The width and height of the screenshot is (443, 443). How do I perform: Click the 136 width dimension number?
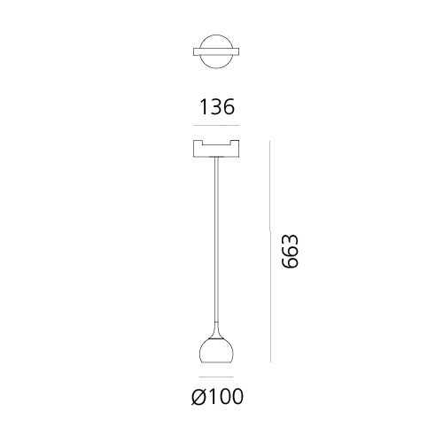pyautogui.click(x=217, y=107)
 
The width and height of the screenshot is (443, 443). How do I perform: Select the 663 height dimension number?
pyautogui.click(x=290, y=252)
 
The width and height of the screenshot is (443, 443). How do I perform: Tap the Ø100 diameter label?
pyautogui.click(x=217, y=396)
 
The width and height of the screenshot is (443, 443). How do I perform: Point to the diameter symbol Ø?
pyautogui.click(x=198, y=396)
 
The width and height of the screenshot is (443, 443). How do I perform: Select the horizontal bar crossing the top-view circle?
pyautogui.click(x=216, y=52)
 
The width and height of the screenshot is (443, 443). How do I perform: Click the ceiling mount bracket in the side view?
pyautogui.click(x=216, y=149)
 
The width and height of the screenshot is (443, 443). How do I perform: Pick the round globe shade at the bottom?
pyautogui.click(x=216, y=352)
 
